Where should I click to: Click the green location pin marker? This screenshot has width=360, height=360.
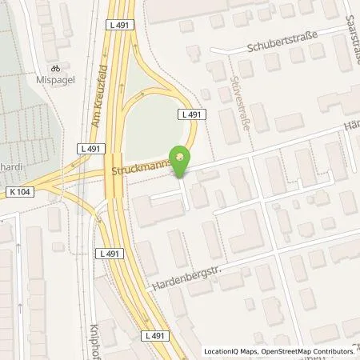click(182, 160)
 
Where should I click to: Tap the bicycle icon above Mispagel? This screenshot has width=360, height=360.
click(55, 69)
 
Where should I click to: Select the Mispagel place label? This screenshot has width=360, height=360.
click(55, 81)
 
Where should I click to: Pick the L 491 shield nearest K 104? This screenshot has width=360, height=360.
click(89, 150)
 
